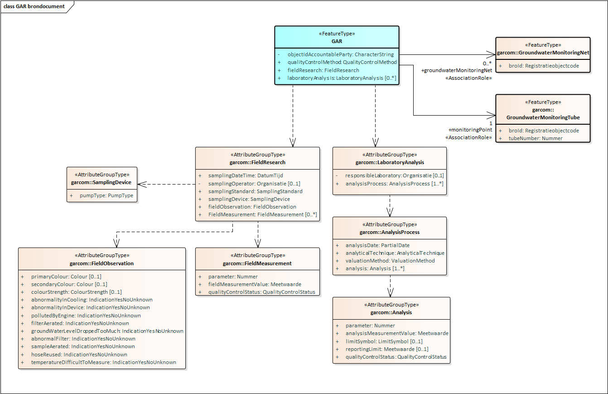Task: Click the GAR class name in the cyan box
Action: pos(337,41)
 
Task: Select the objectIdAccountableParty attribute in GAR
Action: pos(340,54)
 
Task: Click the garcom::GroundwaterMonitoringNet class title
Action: pos(543,53)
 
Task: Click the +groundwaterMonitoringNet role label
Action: pos(457,70)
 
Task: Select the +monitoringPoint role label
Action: pos(470,130)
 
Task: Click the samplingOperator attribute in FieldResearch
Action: pos(254,184)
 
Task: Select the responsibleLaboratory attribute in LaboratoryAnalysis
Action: pos(394,175)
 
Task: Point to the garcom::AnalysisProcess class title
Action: pos(390,232)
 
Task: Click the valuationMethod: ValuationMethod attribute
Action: pos(390,261)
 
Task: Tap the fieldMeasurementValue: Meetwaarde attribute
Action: pos(255,284)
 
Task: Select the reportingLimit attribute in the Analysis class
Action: pos(386,349)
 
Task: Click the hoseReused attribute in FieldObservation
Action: pos(79,355)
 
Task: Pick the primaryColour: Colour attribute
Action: pos(66,277)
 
